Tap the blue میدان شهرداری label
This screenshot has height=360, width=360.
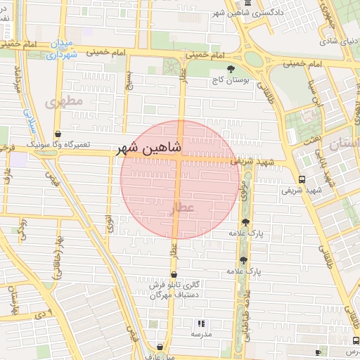pyautogui.click(x=63, y=49)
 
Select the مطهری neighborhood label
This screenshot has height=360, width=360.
pyautogui.click(x=64, y=101)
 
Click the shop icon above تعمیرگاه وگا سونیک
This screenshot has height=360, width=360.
pyautogui.click(x=58, y=133)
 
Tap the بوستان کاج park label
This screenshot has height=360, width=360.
pyautogui.click(x=231, y=81)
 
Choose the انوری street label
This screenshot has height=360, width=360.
pyautogui.click(x=109, y=225)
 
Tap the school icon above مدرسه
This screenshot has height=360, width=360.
pyautogui.click(x=201, y=323)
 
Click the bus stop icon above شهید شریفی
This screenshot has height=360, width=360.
pyautogui.click(x=302, y=179)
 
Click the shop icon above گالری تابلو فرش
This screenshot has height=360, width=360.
pyautogui.click(x=173, y=274)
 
